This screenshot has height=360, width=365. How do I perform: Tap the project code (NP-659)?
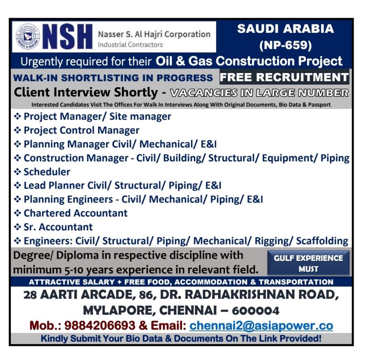(x=286, y=45)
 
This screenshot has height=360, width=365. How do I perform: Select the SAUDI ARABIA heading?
(x=286, y=29)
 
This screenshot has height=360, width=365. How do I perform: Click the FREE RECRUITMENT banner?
(x=284, y=77)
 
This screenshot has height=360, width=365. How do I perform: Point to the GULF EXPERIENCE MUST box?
(x=308, y=263)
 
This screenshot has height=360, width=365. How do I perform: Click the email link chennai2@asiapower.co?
(x=261, y=326)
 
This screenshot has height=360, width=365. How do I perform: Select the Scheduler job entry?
(x=47, y=172)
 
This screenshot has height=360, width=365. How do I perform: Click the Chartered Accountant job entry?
(x=75, y=213)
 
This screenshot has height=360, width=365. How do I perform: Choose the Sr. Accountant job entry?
(x=58, y=227)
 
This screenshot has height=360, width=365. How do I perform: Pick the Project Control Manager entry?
(x=81, y=130)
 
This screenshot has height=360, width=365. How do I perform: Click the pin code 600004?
(x=255, y=311)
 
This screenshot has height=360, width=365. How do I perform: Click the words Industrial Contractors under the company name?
(x=130, y=45)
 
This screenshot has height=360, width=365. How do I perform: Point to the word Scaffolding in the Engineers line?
(x=322, y=241)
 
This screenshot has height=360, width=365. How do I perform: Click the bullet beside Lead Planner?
(x=17, y=186)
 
